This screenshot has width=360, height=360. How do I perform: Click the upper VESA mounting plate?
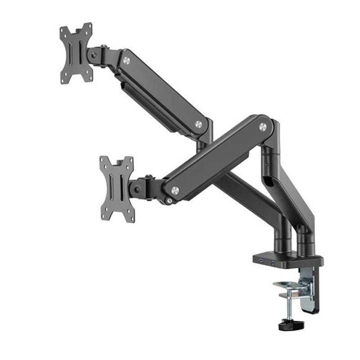pyautogui.click(x=76, y=53)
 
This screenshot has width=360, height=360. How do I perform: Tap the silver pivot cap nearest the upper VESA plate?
pyautogui.click(x=126, y=60)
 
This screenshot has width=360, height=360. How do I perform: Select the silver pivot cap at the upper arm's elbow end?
pyautogui.click(x=198, y=124)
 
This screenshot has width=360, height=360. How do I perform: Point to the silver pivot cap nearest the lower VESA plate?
pyautogui.click(x=175, y=190)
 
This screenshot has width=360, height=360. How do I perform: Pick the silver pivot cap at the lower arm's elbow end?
pyautogui.click(x=263, y=127)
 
